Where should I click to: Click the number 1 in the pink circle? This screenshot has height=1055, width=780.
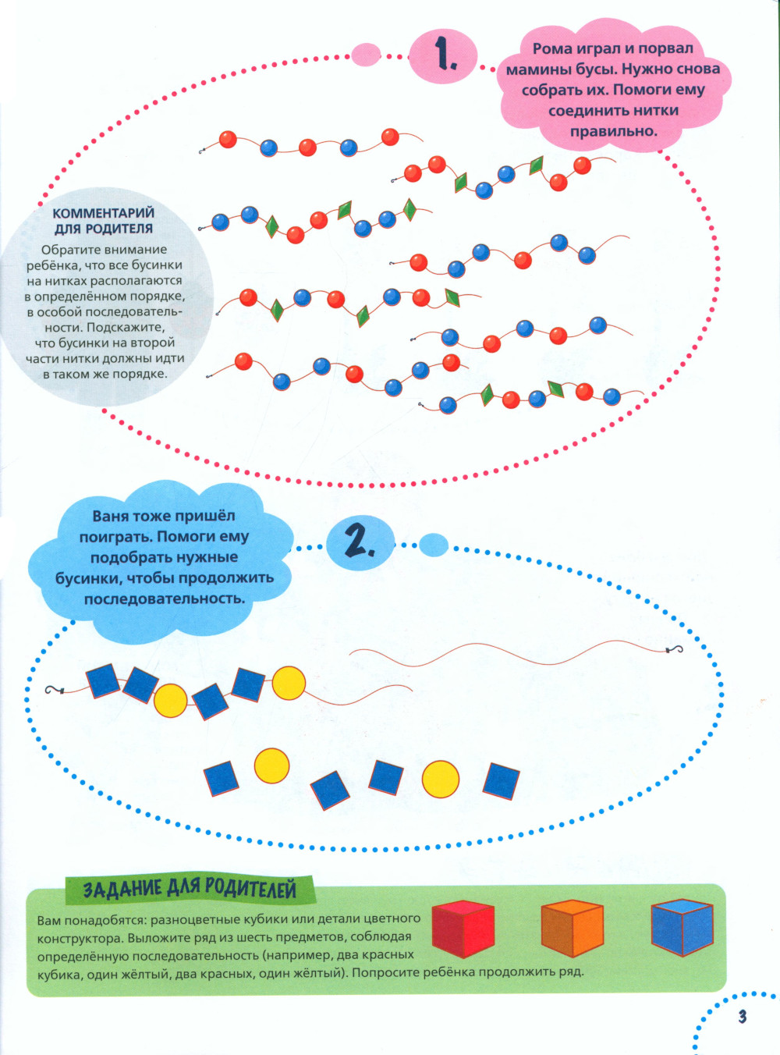coord(445,55)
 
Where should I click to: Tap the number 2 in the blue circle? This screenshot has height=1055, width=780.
coord(359,541)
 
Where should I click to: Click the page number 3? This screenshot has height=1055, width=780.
coord(742,1016)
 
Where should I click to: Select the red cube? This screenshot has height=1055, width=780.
coord(463,929)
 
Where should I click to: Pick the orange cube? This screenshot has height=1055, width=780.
coord(572,928)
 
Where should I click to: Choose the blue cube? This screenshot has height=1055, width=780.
coord(682,927)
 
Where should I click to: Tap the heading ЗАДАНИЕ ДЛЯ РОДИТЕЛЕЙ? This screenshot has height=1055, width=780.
coord(190,889)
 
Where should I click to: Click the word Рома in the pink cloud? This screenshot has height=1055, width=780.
coord(552,49)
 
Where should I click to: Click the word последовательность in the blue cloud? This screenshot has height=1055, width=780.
coord(165,599)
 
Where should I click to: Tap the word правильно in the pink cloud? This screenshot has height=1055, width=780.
coord(613,131)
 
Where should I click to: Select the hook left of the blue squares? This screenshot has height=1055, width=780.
coord(53,691)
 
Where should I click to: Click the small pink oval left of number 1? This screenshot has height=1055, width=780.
coord(366,55)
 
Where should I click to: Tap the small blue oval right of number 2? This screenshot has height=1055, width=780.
coord(434,545)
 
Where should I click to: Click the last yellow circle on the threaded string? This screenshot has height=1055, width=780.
coord(289,684)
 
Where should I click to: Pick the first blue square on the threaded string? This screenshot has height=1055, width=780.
coord(103,680)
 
